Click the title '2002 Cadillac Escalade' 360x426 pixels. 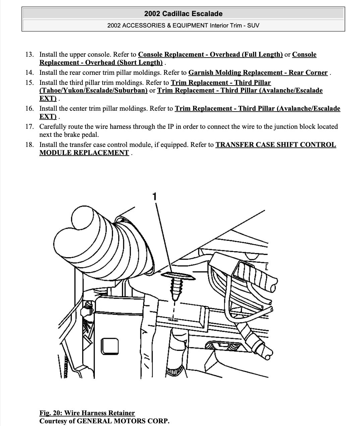[x=183, y=14]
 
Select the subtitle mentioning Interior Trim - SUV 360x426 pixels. [x=183, y=25]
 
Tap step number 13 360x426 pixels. [x=29, y=54]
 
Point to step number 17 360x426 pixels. [x=29, y=126]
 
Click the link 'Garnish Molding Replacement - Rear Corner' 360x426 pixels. [x=258, y=72]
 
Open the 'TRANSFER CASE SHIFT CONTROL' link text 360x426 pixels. [x=276, y=145]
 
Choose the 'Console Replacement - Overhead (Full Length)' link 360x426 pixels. [x=210, y=54]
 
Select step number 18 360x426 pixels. [x=29, y=145]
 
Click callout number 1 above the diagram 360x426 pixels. [x=155, y=197]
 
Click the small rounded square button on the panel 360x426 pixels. [x=110, y=346]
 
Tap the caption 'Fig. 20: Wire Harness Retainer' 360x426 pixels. [x=87, y=413]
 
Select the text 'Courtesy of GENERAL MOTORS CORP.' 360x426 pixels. [x=104, y=421]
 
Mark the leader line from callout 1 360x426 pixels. [x=164, y=235]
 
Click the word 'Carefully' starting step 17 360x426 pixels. [x=53, y=126]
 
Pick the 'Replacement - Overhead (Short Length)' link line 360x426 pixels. [x=101, y=62]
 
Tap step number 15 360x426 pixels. [x=29, y=83]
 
